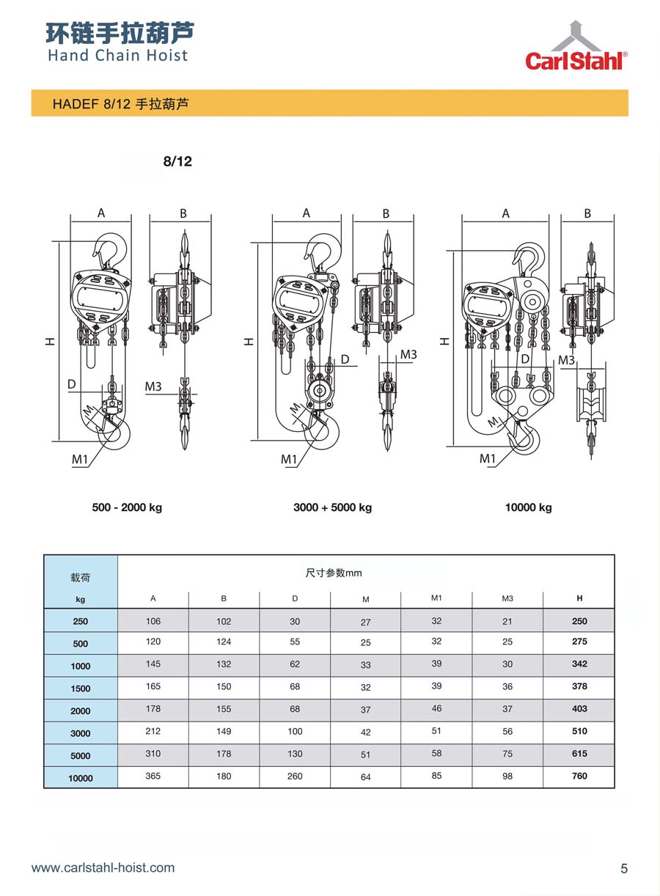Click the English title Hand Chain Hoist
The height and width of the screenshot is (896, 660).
[117, 55]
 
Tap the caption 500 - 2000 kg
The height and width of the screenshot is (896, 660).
[127, 507]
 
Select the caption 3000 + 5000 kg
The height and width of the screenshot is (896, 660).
[332, 507]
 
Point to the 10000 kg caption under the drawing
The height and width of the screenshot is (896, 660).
[529, 507]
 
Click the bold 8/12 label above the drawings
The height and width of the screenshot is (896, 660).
[177, 161]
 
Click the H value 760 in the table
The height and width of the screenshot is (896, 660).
[579, 776]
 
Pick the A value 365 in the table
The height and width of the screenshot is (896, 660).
[153, 776]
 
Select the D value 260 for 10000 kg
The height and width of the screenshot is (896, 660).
[295, 776]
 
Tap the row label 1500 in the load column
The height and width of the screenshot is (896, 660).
[81, 688]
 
